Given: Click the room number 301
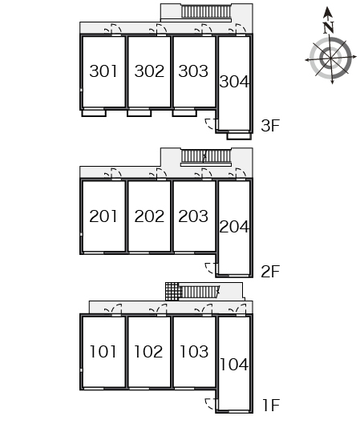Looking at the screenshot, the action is [103, 71].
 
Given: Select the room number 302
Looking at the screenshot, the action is [149, 71].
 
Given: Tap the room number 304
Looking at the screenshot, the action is [234, 82].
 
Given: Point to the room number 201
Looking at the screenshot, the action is [103, 216].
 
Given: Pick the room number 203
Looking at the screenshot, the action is [193, 216].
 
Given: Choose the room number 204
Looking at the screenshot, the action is [234, 227].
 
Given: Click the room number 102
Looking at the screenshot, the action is [148, 352].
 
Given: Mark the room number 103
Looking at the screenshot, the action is [194, 352].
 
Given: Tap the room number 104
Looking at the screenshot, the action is [234, 365].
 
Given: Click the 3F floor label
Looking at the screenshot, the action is [270, 126].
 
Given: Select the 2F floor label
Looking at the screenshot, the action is [270, 272].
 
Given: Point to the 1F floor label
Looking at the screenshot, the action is [271, 405].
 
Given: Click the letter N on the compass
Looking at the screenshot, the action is [329, 27].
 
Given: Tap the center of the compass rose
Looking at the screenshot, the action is [330, 59].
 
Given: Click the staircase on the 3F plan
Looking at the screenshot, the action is [206, 12].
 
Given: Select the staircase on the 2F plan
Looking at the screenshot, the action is [206, 156].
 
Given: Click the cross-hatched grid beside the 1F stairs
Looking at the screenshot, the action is [172, 292].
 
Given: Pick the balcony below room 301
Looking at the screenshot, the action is [94, 113].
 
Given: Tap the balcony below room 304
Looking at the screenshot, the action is [239, 135].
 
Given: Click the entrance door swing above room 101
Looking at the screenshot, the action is [114, 309].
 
